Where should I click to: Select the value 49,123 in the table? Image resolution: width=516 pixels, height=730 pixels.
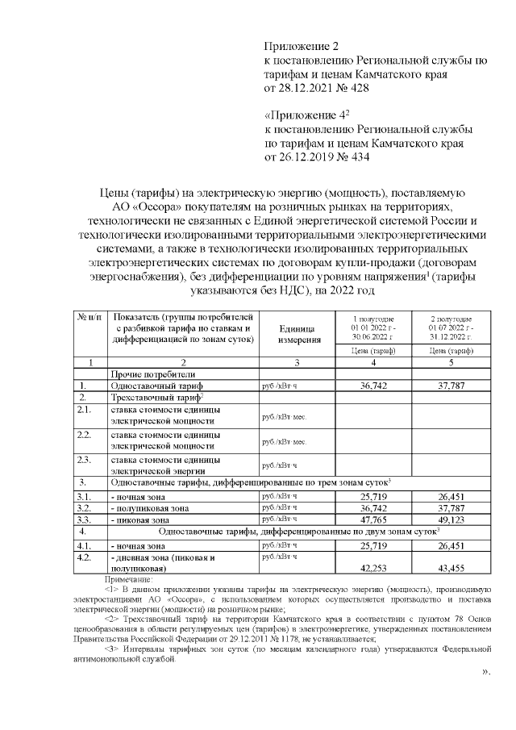click(452, 520)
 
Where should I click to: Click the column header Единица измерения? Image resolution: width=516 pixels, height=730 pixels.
click(300, 335)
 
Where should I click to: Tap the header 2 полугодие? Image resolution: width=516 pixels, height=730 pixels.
click(452, 320)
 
